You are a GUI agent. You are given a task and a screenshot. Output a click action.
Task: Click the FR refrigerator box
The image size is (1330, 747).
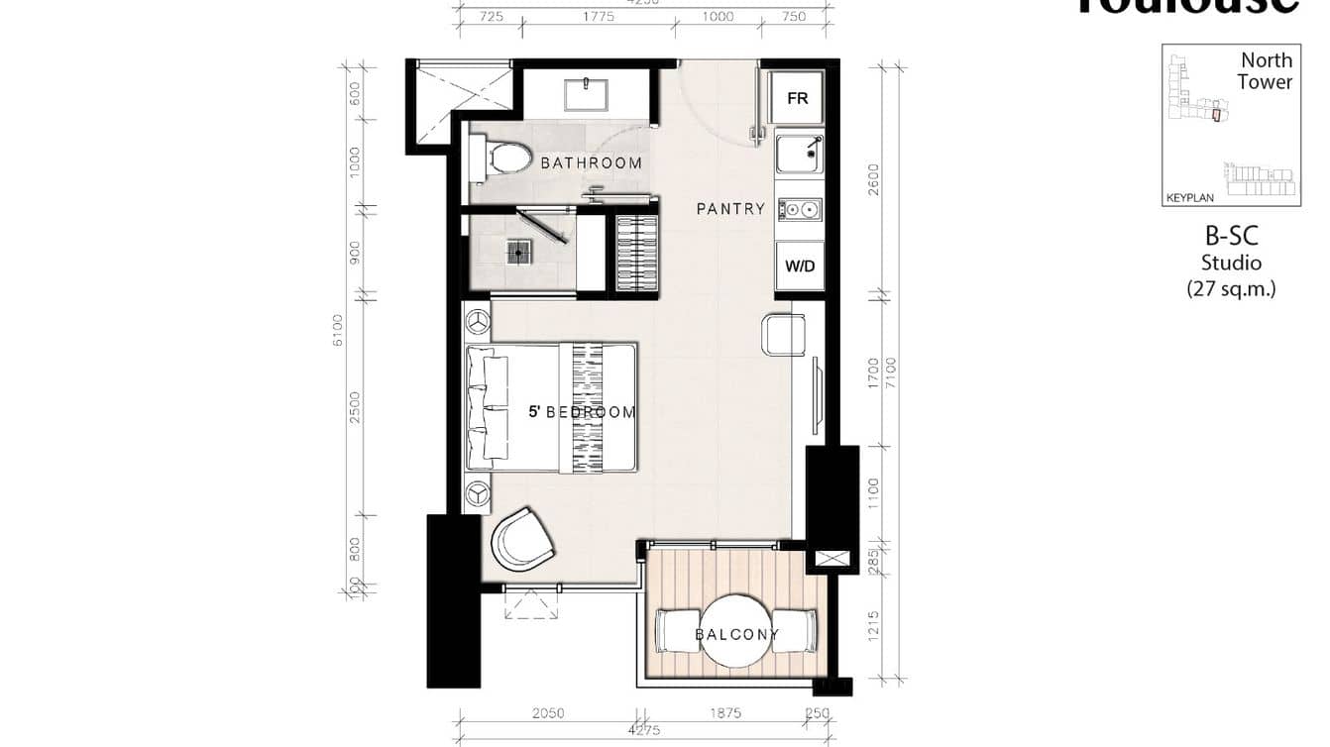pos(798,98)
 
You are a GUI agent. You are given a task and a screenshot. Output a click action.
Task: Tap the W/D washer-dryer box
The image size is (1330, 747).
pos(799,266)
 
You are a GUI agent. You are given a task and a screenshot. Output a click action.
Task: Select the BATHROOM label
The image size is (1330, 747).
pos(591,162)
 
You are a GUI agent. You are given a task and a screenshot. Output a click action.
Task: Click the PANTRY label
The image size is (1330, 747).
pos(730,209)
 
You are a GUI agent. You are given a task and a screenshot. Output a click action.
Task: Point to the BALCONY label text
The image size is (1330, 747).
pos(736,634)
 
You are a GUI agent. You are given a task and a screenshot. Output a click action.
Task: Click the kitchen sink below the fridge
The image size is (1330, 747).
pos(799,154)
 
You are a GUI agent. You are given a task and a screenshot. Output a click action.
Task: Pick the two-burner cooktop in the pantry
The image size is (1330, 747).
pos(799,209)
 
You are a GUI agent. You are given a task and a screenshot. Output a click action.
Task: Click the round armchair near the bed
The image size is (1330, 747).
pos(523,539)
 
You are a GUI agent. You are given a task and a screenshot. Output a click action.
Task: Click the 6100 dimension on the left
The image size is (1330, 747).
pos(339,330)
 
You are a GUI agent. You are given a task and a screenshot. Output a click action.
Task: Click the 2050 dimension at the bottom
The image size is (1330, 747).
pos(547,713)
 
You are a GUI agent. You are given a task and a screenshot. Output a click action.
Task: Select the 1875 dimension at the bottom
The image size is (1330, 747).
pos(724,713)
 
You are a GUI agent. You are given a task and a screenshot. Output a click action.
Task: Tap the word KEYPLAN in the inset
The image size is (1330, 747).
pos(1189,198)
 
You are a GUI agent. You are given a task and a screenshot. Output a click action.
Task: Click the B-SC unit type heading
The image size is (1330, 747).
pos(1231,236)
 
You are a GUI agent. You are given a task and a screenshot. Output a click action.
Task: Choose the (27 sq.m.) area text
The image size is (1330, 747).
pos(1231,289)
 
